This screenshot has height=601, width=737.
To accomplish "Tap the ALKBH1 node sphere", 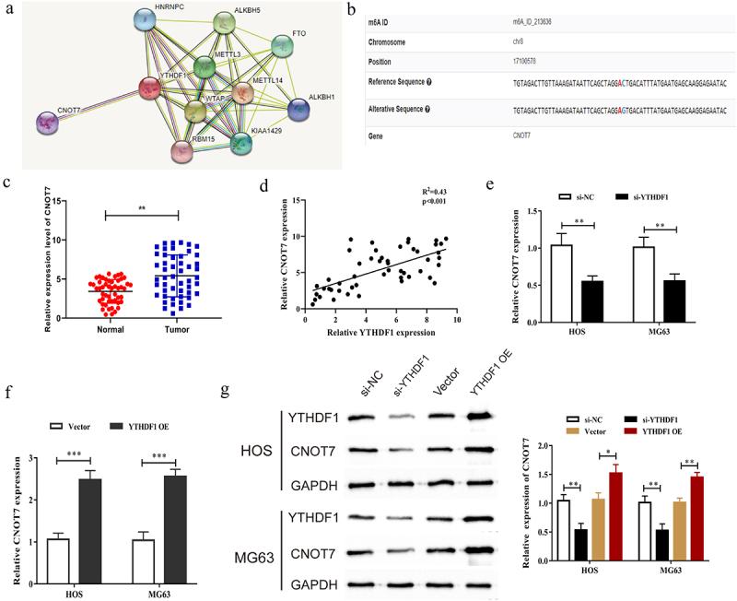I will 298,109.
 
